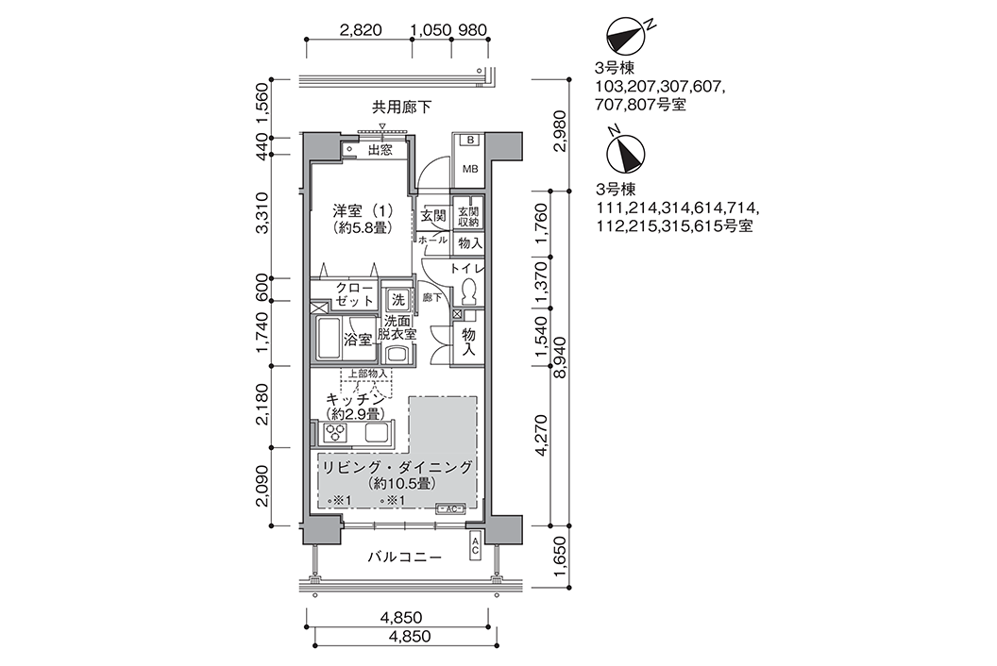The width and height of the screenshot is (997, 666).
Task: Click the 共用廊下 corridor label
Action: [401, 108]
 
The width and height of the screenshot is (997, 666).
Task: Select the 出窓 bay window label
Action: [380, 149]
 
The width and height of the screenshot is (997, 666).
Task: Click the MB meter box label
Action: [468, 170]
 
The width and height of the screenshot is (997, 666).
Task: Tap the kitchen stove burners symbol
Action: [335, 433]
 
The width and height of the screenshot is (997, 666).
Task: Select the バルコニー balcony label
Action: [403, 558]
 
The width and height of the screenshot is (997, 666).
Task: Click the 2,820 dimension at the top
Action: [360, 29]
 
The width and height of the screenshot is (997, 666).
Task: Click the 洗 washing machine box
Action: [398, 299]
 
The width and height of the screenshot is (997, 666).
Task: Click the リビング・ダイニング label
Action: [396, 468]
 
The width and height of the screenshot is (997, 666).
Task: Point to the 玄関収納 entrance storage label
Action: [468, 217]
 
